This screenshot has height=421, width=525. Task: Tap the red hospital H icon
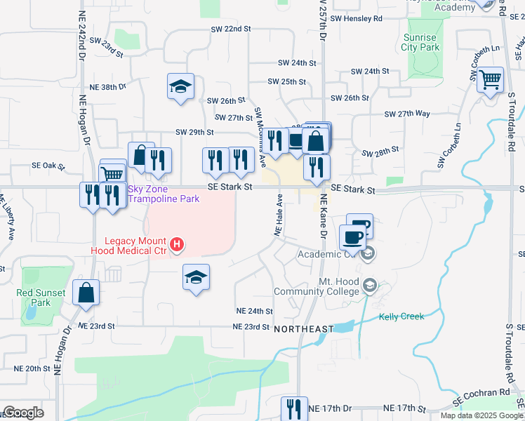point(178,245)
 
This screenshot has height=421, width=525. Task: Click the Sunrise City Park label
point(420,42)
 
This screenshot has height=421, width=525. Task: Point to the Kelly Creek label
point(401,316)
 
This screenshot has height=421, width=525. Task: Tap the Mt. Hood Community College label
point(328,286)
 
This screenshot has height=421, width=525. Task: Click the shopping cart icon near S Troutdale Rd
point(490,79)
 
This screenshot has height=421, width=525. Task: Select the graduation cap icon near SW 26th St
point(181,87)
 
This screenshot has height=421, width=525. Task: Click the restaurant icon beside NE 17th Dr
point(294,409)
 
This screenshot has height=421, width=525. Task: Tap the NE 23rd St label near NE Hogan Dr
point(96,326)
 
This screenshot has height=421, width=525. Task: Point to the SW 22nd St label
point(230,29)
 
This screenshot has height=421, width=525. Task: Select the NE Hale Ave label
point(278,214)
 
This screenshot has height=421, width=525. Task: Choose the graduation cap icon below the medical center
point(197,276)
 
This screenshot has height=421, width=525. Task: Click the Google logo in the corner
point(22,413)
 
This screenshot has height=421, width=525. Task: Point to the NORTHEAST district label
point(303,329)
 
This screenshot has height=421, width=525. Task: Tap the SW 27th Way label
point(407,113)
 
